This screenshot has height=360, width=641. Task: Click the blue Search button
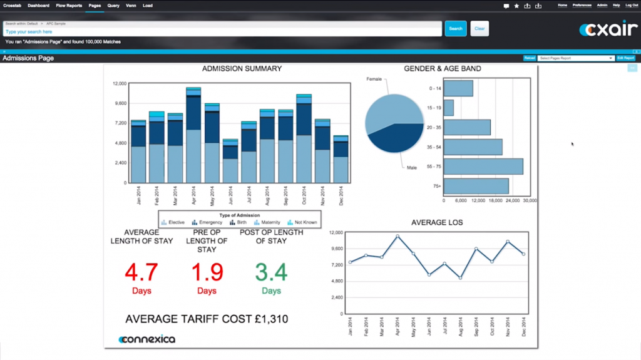456,28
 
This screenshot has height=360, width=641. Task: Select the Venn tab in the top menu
131,6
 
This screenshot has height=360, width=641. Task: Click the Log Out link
631,5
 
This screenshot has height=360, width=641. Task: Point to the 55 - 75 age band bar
483,167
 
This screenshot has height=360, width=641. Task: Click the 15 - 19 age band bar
448,108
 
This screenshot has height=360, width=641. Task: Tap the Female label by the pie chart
374,80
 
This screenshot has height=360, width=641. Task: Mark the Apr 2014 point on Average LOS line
397,237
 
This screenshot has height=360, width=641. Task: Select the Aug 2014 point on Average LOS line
461,277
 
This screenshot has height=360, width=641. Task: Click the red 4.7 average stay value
141,272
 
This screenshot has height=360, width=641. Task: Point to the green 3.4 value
271,272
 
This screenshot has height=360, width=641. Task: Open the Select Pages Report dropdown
575,58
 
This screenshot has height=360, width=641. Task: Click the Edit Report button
625,58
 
